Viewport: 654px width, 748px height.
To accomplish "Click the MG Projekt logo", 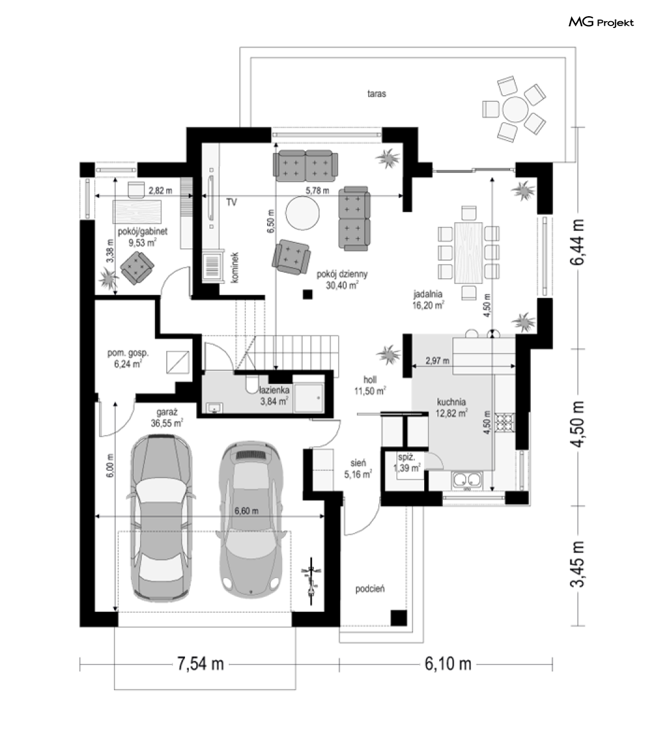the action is pyautogui.click(x=601, y=22).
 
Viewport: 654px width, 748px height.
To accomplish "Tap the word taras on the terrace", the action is pyautogui.click(x=376, y=94).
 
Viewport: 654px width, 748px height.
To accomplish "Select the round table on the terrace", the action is pyautogui.click(x=515, y=110).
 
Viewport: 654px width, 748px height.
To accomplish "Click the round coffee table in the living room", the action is pyautogui.click(x=302, y=213).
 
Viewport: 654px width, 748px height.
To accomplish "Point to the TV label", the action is pyautogui.click(x=232, y=202).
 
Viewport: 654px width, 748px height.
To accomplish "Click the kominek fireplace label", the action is pyautogui.click(x=234, y=267).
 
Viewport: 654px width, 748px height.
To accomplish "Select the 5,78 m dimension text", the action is pyautogui.click(x=317, y=190).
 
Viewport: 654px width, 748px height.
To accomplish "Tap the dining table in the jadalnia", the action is pyautogui.click(x=468, y=252).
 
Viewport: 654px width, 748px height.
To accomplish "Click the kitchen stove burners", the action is pyautogui.click(x=505, y=422).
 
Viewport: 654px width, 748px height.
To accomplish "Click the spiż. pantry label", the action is pyautogui.click(x=406, y=457).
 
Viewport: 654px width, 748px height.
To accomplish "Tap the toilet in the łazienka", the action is pyautogui.click(x=251, y=384).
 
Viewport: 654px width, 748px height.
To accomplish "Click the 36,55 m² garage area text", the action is pyautogui.click(x=167, y=423).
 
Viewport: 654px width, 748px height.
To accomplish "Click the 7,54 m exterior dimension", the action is pyautogui.click(x=201, y=663).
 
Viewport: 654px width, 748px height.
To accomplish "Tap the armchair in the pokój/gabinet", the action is pyautogui.click(x=137, y=267).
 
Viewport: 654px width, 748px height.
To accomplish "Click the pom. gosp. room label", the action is pyautogui.click(x=128, y=353).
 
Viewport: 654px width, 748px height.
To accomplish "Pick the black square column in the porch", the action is pyautogui.click(x=399, y=618).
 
